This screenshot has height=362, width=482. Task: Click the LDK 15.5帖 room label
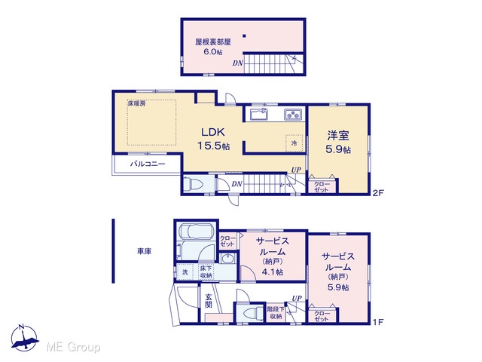[213, 139]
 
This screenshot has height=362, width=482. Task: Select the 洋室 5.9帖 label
[338, 143]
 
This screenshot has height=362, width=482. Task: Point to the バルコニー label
[148, 164]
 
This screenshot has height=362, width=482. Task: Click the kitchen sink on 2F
[259, 115]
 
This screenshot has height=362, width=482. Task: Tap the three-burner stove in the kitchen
[293, 115]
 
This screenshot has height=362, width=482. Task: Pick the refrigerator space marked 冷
[294, 143]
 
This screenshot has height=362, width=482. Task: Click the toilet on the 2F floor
[193, 185]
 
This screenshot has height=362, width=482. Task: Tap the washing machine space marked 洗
[185, 272]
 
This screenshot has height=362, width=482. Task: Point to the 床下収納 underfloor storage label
[206, 272]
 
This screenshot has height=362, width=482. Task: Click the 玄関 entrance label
[209, 302]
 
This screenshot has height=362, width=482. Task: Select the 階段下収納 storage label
[276, 313]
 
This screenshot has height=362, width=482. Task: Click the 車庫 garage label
[144, 251]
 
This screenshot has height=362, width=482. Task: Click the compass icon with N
[25, 339]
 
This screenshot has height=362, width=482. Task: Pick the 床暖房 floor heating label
[137, 103]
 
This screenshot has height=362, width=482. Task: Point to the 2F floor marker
[378, 193]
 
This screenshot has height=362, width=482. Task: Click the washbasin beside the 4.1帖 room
[227, 259]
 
